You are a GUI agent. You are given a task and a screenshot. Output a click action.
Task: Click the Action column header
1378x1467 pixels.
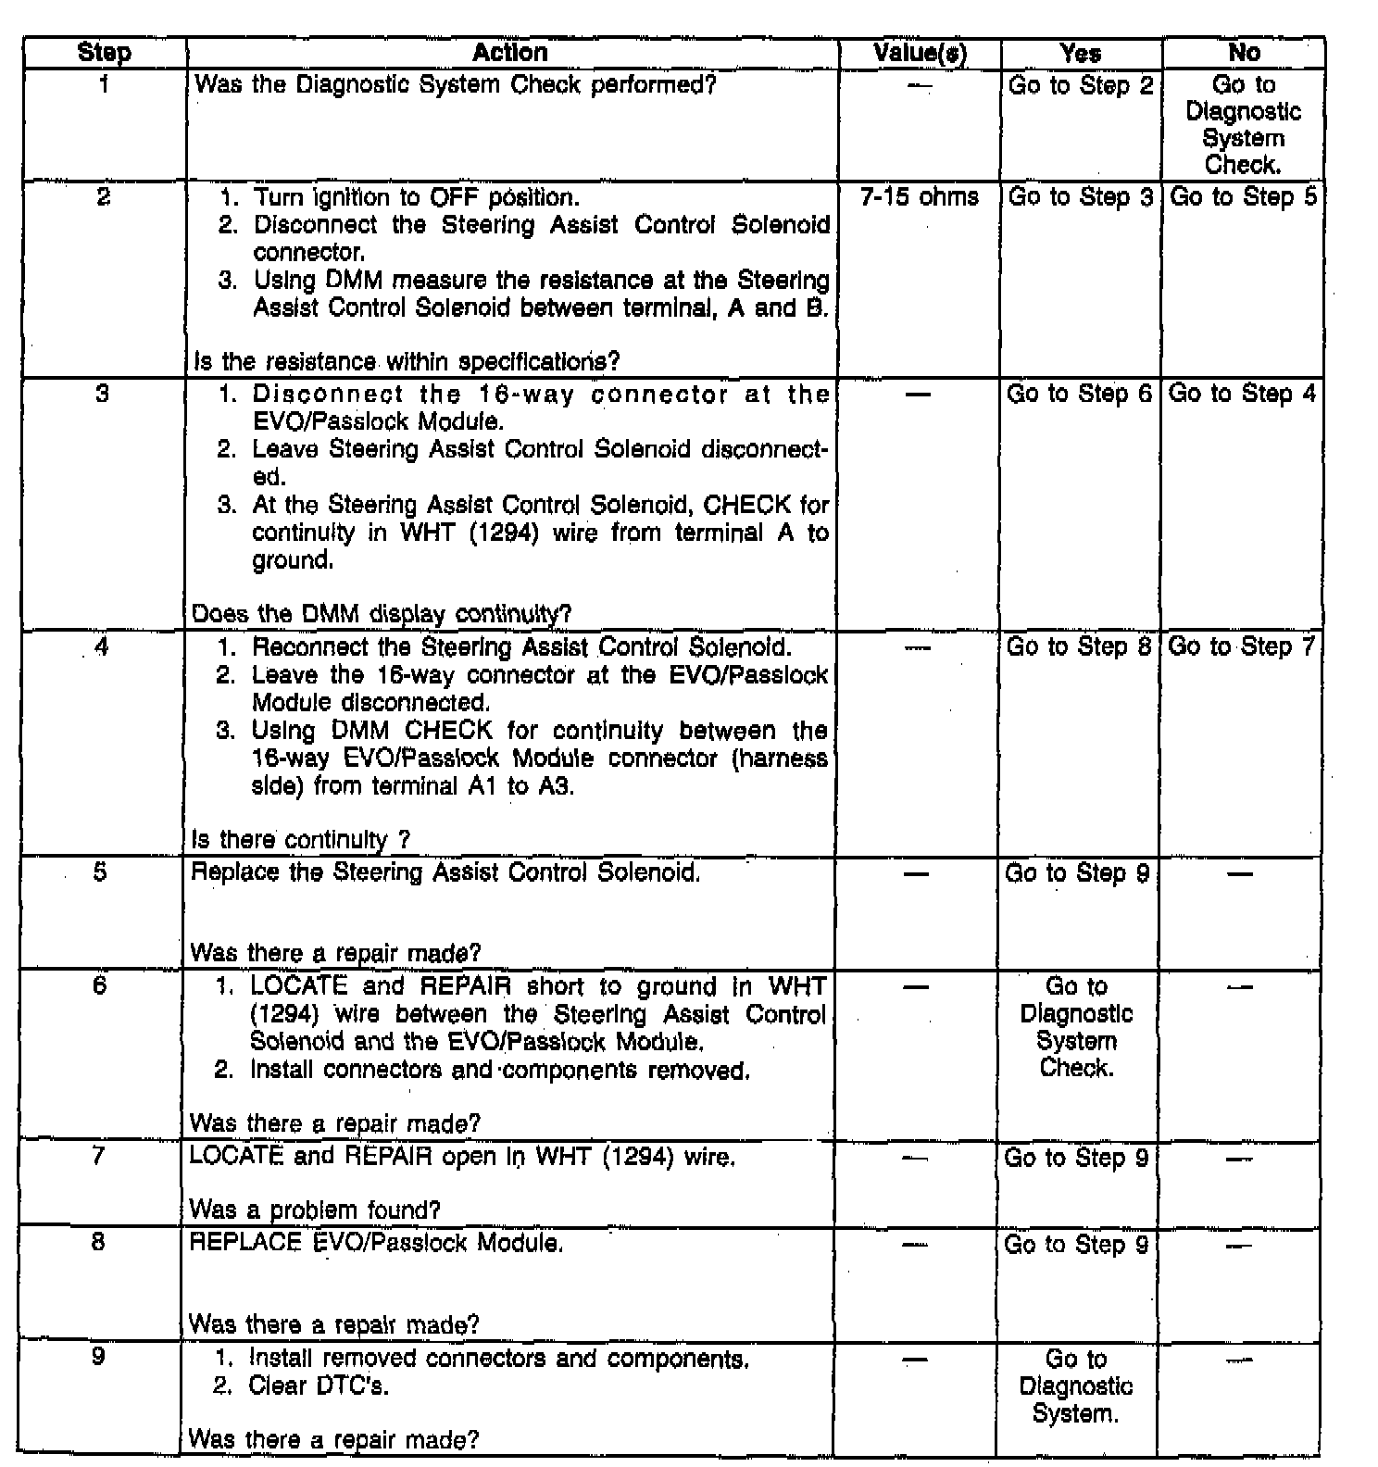pos(510,53)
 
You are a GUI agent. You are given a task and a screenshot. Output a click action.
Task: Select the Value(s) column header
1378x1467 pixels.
pos(920,54)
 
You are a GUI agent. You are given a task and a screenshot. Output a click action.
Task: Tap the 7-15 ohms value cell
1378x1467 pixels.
pos(920,197)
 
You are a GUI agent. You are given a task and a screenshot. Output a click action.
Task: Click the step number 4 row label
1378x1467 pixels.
pos(101,646)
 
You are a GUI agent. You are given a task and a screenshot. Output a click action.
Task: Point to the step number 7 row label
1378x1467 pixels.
pos(98,1156)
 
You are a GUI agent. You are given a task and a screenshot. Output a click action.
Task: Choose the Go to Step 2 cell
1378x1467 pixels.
pos(1081,86)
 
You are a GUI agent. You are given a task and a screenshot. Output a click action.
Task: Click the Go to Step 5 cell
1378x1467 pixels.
pos(1243,197)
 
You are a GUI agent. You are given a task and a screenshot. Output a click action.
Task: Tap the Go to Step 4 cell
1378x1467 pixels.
pos(1242,394)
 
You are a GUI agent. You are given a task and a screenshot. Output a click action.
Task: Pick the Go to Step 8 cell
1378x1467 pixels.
pos(1079,646)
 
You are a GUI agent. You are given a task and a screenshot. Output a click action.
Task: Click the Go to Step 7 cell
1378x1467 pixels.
pos(1241,646)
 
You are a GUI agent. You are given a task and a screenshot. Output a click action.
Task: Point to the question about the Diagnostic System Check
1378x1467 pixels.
pos(456,85)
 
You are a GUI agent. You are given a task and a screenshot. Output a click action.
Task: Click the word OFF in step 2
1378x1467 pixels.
pos(451,198)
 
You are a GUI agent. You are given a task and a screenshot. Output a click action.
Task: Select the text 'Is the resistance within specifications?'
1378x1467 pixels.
pos(407,361)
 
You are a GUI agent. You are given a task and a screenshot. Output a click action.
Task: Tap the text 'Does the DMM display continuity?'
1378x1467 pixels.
pos(381,614)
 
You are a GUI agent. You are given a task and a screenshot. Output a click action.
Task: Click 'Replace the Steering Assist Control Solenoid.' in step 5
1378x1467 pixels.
pos(445,872)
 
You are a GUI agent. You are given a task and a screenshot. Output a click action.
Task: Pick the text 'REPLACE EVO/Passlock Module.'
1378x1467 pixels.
pos(376,1243)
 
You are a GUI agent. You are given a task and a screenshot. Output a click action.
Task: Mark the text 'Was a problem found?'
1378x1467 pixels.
pos(315,1210)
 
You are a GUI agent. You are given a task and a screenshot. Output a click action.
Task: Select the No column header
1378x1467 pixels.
pos(1244,53)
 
